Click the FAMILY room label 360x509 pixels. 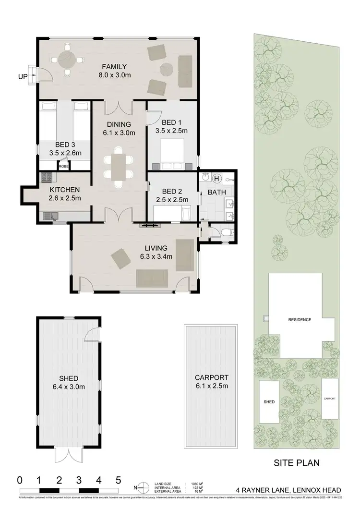point(113,66)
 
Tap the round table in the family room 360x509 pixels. point(67,61)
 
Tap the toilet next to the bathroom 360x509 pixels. point(226,234)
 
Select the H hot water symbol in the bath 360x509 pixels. point(216,179)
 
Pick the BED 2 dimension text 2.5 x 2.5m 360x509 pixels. point(171,200)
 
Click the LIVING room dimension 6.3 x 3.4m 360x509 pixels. point(156,256)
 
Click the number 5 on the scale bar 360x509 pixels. point(118,479)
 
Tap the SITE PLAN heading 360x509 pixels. point(297,463)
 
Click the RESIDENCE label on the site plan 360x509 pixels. point(300,319)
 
